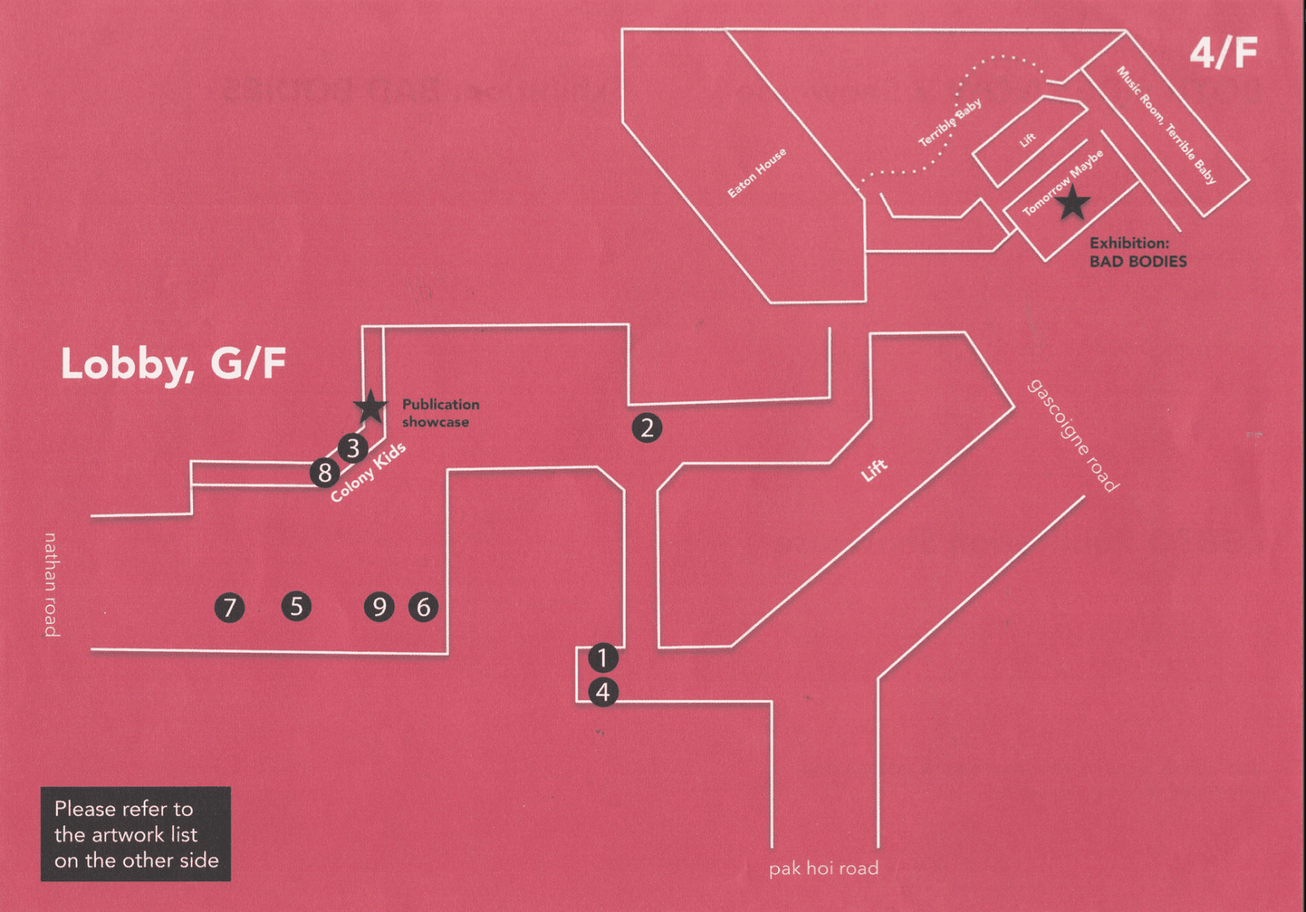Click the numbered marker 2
647,428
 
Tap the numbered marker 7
230,608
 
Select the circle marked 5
296,606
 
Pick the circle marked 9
379,607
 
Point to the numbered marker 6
423,607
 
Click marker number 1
602,657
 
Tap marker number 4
603,692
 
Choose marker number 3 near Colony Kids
353,447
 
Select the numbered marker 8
325,472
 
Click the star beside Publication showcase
371,407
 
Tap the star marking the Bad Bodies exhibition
1072,203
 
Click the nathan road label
51,584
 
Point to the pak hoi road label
823,869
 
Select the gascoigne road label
1073,435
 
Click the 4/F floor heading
1223,54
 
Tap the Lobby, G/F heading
173,364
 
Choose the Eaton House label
757,173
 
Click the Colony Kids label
368,473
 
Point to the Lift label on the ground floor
874,470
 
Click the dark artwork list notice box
136,834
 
